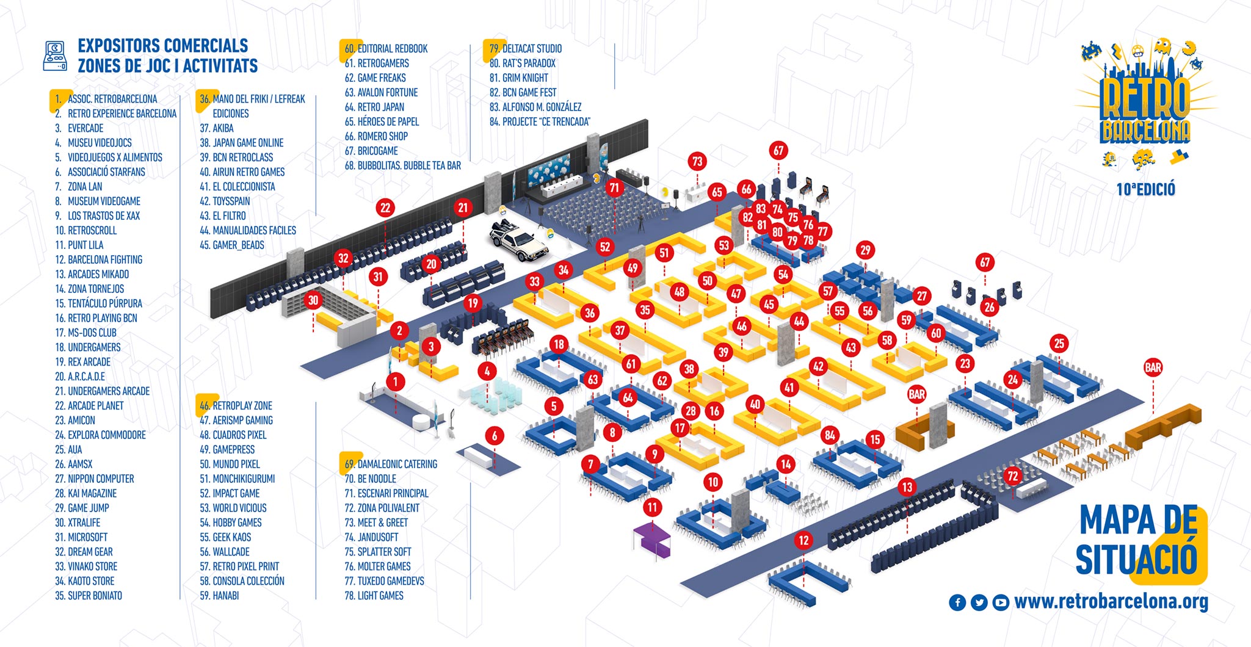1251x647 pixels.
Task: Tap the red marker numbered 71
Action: click(x=614, y=188)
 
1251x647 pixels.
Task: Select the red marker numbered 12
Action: click(x=803, y=540)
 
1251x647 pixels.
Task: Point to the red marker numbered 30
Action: click(x=313, y=300)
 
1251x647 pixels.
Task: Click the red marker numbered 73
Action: click(x=697, y=162)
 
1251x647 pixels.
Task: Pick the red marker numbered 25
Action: click(x=1059, y=344)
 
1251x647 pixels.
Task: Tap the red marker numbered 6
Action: click(x=495, y=436)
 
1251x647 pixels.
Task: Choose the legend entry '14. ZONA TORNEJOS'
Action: click(x=90, y=289)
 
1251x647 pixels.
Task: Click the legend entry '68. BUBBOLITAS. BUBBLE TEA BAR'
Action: click(x=403, y=165)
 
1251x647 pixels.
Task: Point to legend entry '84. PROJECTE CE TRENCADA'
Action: click(x=540, y=121)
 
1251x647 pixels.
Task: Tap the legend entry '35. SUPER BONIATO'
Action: click(x=89, y=596)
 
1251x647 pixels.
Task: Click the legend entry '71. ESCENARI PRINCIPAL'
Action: click(x=386, y=493)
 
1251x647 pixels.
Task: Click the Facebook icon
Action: click(x=957, y=602)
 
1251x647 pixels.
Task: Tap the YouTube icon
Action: click(x=1000, y=602)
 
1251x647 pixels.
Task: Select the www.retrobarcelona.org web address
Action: click(x=1111, y=602)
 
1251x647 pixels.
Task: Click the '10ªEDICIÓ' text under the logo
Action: click(x=1145, y=189)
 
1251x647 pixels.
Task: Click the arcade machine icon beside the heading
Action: click(x=55, y=56)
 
